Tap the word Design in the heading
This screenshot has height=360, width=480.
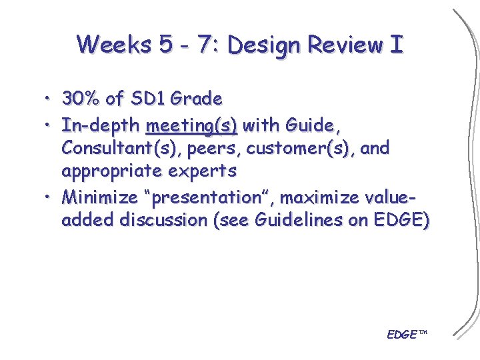point(266,45)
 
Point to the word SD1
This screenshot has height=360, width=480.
point(147,99)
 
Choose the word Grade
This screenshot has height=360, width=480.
point(196,99)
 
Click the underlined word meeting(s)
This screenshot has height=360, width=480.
point(191,125)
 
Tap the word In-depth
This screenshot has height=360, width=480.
point(101,125)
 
